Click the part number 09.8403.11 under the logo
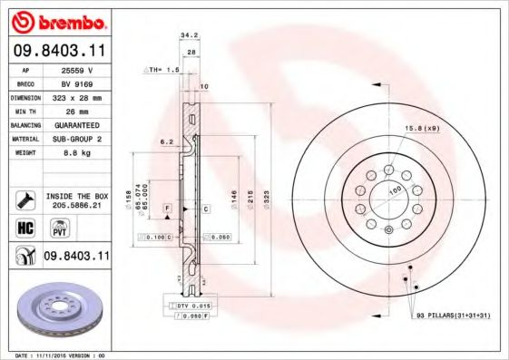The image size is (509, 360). coord(60,51)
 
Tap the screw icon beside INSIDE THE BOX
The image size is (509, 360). coord(24,199)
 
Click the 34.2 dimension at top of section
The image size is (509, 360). coord(189,37)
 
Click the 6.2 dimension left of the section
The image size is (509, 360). coord(165,142)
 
